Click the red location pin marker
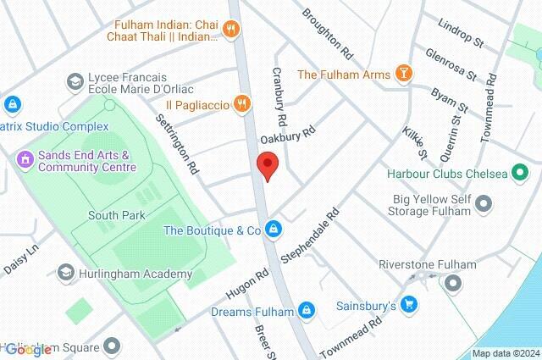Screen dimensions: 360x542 coord(268,165)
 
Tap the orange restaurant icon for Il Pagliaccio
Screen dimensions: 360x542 coord(242,102)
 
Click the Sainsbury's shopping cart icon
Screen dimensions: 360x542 coord(409,304)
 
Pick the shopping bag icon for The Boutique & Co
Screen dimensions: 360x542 coord(274,230)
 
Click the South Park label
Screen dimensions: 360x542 coord(113,215)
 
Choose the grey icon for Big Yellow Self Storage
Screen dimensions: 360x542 coord(484,203)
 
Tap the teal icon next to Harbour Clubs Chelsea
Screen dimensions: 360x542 coord(519,174)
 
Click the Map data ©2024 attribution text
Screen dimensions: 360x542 coord(505,353)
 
